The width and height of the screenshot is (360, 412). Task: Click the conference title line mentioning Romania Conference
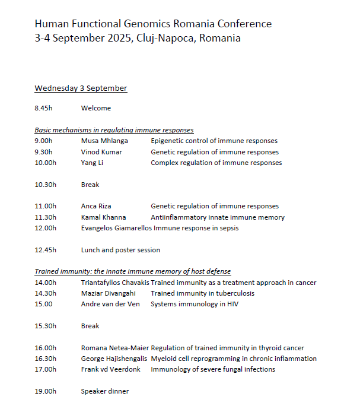[x=153, y=24]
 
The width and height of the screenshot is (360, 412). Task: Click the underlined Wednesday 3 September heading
[x=81, y=88]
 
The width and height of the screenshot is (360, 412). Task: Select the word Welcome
[x=96, y=109]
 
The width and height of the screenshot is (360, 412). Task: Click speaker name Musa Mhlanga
[x=104, y=141]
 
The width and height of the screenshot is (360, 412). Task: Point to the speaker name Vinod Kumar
[x=102, y=152]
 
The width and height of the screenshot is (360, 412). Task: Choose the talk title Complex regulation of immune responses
[x=216, y=163]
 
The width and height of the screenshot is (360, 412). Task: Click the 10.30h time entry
[x=46, y=185]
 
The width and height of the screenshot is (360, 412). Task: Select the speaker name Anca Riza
[x=96, y=207]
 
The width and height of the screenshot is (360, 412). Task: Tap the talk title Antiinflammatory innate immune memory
[x=217, y=217]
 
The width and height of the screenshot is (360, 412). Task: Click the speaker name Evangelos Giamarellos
[x=116, y=228]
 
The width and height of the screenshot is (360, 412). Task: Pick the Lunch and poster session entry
[x=120, y=250]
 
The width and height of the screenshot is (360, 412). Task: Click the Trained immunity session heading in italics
[x=132, y=272]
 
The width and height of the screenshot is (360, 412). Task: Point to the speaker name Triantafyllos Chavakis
[x=115, y=283]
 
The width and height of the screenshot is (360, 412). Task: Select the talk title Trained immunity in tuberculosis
[x=202, y=293]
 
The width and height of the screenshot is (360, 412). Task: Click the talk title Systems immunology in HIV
[x=194, y=304]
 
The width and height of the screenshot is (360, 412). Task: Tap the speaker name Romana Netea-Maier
[x=115, y=348]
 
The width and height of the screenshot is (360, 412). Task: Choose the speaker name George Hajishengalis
[x=114, y=359]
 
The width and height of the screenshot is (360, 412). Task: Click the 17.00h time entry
[x=46, y=369]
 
